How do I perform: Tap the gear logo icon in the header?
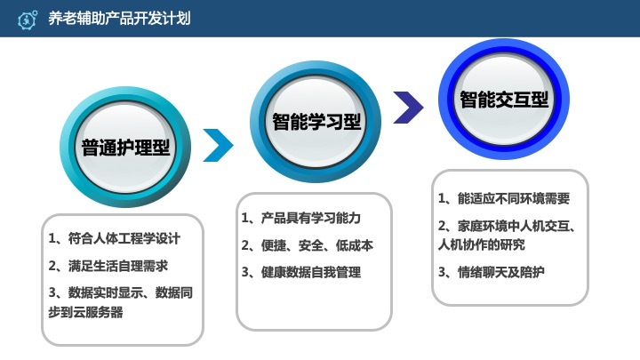(x=28, y=19)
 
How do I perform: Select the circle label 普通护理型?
(x=126, y=147)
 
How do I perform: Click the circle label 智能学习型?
(x=316, y=120)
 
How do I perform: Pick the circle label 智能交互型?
(x=504, y=100)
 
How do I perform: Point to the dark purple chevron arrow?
(x=408, y=107)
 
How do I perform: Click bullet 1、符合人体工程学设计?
(x=114, y=238)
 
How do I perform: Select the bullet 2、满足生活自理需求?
(x=108, y=266)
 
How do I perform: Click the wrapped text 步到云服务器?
(x=85, y=312)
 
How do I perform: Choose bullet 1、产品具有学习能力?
(x=302, y=218)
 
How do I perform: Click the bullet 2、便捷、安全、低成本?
(x=307, y=245)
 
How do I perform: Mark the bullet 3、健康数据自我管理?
(x=301, y=272)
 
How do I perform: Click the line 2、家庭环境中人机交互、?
(x=509, y=226)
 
